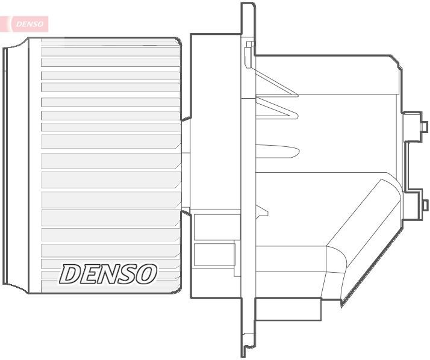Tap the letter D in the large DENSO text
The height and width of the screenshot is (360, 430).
point(70,274)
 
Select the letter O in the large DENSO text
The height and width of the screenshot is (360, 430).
point(146,274)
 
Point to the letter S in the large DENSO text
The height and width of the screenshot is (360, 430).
point(128,274)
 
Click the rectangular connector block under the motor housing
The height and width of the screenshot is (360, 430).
point(288,310)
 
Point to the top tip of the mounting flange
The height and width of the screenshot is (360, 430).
point(248,5)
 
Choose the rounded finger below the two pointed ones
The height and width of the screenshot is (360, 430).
point(277,150)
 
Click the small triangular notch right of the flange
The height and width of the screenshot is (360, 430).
point(261,210)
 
